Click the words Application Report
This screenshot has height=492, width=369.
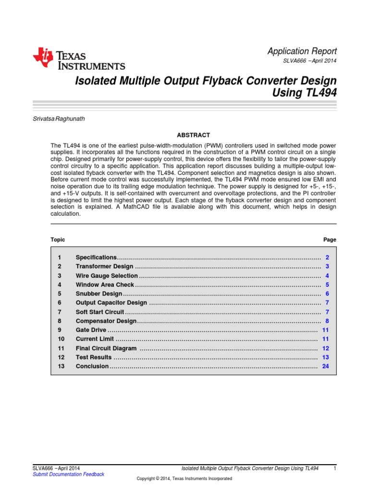(302, 51)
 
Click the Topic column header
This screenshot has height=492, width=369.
(58, 240)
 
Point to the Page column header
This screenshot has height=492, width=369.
(330, 240)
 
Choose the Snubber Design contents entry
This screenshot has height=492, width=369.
(99, 294)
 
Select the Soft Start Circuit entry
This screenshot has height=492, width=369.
(100, 312)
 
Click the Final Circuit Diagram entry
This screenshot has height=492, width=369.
(106, 348)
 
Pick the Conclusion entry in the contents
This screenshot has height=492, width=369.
(92, 367)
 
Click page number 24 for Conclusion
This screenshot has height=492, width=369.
(325, 367)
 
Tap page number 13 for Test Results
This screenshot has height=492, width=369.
(325, 357)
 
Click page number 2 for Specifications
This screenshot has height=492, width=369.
(327, 258)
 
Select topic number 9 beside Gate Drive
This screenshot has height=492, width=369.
(60, 330)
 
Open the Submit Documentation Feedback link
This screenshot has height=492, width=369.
(68, 474)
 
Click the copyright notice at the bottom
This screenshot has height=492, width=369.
(184, 479)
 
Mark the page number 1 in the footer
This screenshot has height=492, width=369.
(334, 468)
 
